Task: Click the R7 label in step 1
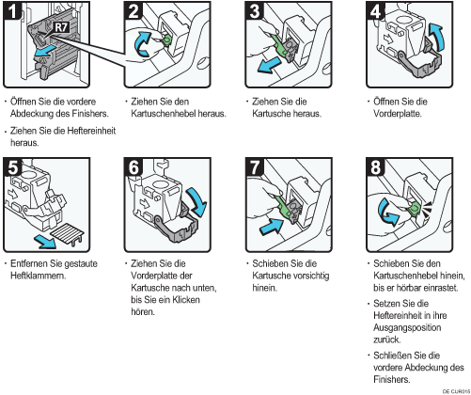61,27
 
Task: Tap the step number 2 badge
133,11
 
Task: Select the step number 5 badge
13,167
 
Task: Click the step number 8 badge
376,167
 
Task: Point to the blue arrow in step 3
269,65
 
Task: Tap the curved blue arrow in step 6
196,202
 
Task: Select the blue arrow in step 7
272,227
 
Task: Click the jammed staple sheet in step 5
68,233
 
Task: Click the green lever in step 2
166,39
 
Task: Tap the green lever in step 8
415,208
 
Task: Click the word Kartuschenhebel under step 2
164,114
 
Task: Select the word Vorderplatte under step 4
397,114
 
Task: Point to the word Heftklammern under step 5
39,276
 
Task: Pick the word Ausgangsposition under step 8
407,327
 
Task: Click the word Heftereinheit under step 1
91,131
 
